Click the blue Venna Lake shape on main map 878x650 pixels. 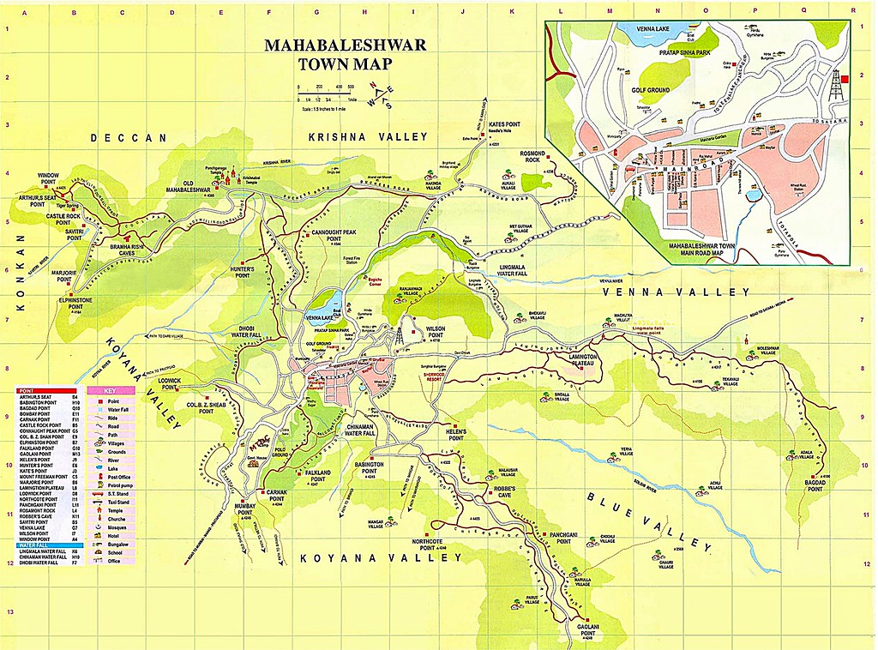point(326,301)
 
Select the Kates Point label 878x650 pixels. point(504,124)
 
